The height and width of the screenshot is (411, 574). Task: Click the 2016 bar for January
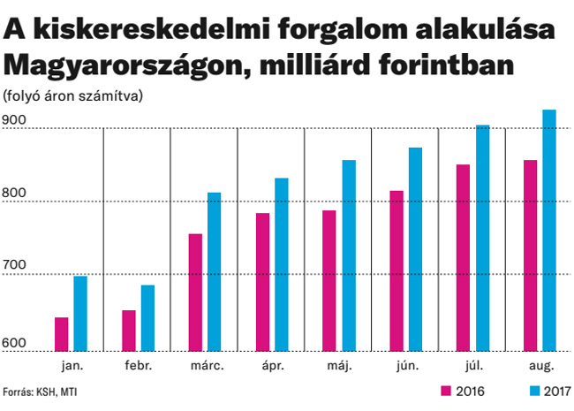tap(62, 334)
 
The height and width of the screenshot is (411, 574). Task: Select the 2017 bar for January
tap(80, 314)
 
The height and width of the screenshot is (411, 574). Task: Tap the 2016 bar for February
tap(129, 331)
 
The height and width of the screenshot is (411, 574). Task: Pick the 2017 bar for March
tap(215, 271)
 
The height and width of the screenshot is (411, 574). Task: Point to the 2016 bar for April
tap(262, 282)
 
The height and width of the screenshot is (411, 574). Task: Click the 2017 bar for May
tap(348, 255)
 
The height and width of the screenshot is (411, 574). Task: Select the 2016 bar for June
tap(397, 270)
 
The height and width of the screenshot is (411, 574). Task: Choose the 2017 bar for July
tap(482, 238)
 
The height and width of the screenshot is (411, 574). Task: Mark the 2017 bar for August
tap(549, 230)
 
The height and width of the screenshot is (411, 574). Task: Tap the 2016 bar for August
tap(530, 255)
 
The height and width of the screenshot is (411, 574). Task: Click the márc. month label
tap(206, 366)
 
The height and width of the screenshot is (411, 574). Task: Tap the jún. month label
tap(406, 366)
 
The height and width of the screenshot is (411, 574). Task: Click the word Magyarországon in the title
tap(110, 65)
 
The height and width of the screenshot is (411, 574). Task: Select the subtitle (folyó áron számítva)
tap(72, 95)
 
